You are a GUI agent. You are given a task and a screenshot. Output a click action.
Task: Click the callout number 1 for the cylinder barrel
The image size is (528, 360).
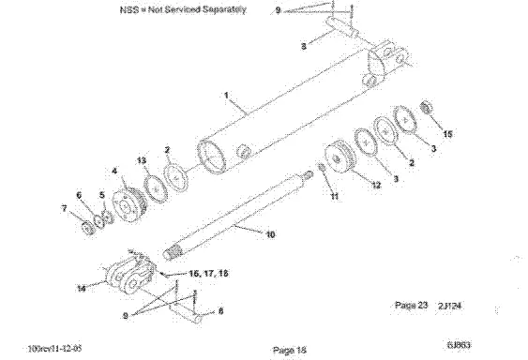pos(225,95)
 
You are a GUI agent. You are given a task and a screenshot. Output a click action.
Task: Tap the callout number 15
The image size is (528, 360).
pos(446,134)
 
